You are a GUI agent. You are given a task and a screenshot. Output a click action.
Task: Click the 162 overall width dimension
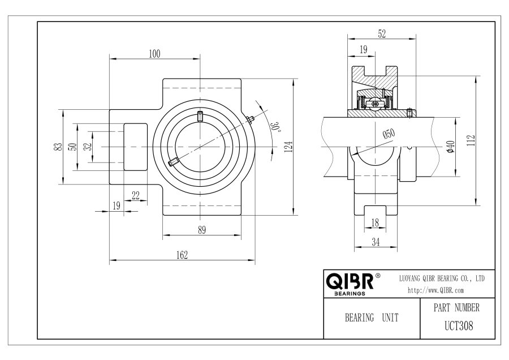(182, 255)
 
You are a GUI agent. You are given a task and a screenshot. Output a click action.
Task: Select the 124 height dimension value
(288, 147)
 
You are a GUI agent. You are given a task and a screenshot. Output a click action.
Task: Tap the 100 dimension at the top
(154, 54)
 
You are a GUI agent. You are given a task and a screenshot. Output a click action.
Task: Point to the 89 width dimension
(202, 230)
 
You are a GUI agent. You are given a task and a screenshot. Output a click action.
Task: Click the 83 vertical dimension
(58, 147)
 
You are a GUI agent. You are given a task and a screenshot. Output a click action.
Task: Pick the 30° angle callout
(275, 127)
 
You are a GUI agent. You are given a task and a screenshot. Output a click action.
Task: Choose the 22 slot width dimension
(136, 195)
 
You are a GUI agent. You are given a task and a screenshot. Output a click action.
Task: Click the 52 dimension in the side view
(382, 33)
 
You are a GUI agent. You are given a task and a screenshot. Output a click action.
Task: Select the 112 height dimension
(471, 140)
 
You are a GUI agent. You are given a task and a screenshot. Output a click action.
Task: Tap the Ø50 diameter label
(389, 134)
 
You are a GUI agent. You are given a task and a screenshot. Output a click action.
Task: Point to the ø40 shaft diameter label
(450, 147)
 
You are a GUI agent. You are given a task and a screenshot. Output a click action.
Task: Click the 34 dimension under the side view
(376, 242)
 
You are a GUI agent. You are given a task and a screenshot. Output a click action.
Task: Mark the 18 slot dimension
(375, 222)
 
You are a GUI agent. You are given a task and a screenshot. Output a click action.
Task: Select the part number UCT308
(459, 325)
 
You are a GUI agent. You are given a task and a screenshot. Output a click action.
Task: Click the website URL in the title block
(435, 290)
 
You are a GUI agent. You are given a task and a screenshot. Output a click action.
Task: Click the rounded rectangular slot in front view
(136, 147)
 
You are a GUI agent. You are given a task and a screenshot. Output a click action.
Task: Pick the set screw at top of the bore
(200, 116)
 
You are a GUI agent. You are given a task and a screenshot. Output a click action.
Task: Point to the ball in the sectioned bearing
(376, 104)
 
